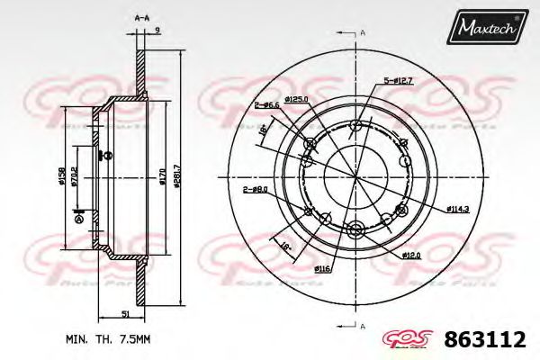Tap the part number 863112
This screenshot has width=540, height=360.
coord(487,340)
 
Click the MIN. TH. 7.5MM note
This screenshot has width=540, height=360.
coord(105,340)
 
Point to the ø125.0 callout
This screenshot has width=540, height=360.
coord(297,99)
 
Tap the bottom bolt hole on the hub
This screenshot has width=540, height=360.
coord(355,228)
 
